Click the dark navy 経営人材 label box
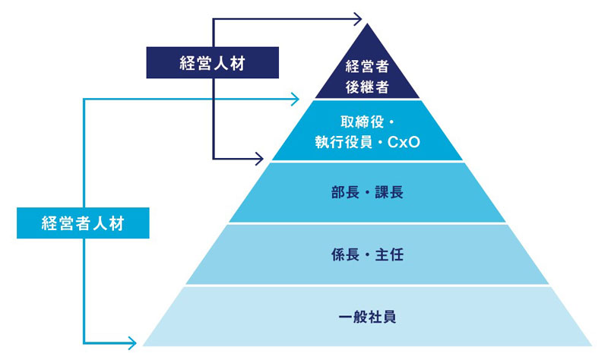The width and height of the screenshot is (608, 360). tap(212, 64)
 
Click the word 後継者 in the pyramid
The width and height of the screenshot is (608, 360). tap(367, 87)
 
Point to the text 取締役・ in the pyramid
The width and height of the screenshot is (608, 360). tap(367, 121)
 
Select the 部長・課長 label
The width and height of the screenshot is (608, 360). tap(367, 191)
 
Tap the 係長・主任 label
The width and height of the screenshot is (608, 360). tap(367, 254)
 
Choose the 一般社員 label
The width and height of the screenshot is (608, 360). tap(367, 317)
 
